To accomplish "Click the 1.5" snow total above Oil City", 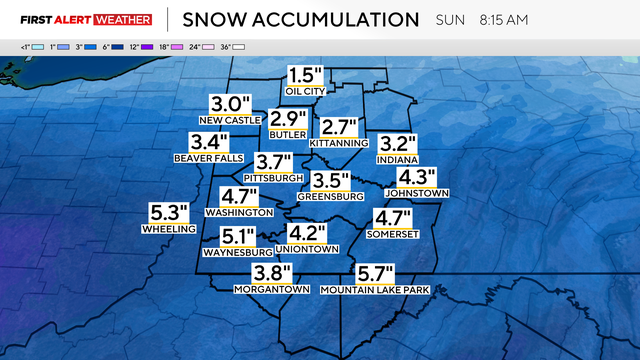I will click(x=306, y=75).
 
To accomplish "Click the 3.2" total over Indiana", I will click(x=396, y=143).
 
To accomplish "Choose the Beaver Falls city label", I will click(x=209, y=158).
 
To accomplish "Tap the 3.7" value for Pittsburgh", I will click(x=273, y=162).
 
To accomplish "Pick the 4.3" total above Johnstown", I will click(x=418, y=176).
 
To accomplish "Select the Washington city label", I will click(x=238, y=212).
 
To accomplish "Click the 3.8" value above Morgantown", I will click(x=271, y=273).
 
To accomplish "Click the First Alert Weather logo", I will click(x=86, y=19).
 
